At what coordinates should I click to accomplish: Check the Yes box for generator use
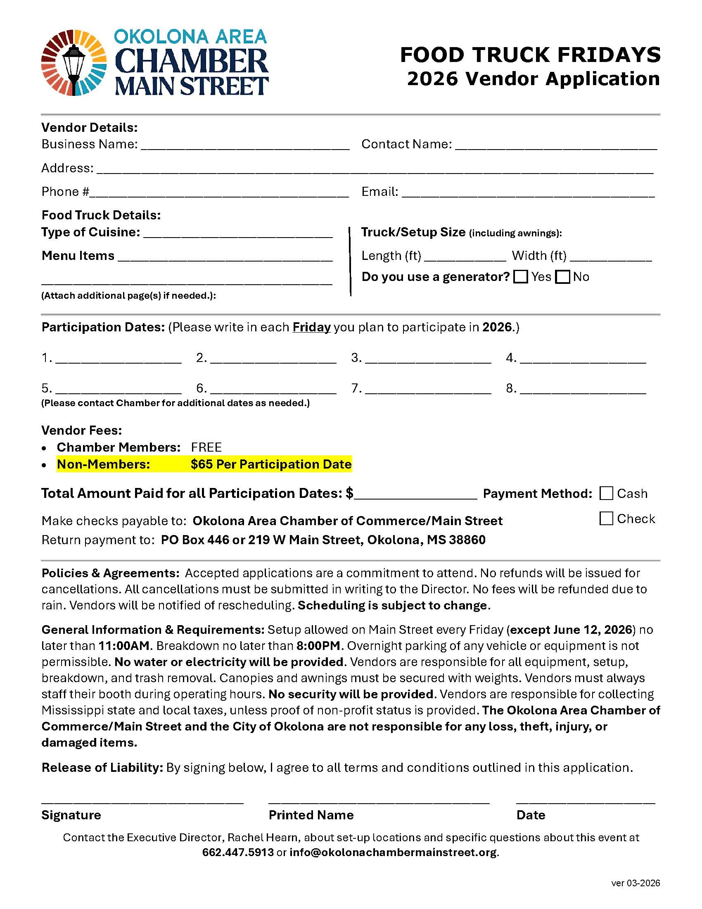[x=520, y=277]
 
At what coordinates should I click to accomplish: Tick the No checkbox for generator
[x=562, y=277]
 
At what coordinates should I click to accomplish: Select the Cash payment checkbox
[x=606, y=493]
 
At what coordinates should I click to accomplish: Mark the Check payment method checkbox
[x=606, y=519]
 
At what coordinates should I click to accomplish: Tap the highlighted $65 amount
[x=202, y=464]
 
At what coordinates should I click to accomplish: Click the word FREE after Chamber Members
[x=206, y=447]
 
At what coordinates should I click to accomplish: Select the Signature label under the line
[x=71, y=815]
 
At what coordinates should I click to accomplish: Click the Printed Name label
[x=311, y=815]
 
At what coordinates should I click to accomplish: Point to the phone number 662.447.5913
[x=238, y=852]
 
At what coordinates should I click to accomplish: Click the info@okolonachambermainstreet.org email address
[x=393, y=852]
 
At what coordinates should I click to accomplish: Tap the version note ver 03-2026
[x=636, y=883]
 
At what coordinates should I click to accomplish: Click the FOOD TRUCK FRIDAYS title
[x=530, y=55]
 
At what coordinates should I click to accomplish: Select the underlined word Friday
[x=311, y=327]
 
